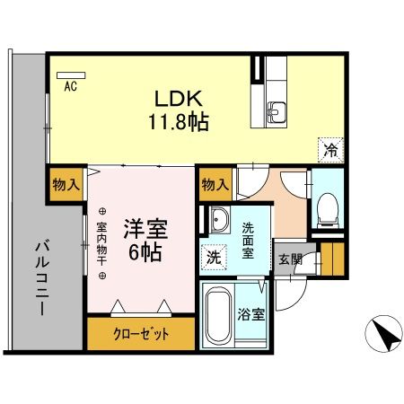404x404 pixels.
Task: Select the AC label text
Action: (x=69, y=87)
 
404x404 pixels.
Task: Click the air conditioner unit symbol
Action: (x=70, y=75)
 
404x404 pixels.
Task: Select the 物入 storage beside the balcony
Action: (x=66, y=183)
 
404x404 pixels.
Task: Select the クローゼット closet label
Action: (x=141, y=335)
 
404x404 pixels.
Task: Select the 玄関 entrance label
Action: (x=288, y=259)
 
